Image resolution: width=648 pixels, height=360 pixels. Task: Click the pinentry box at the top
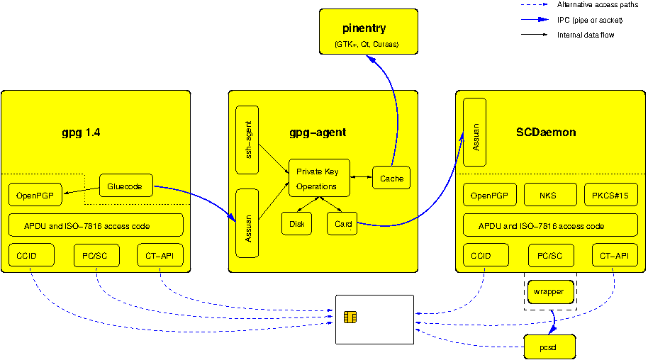[x=368, y=32]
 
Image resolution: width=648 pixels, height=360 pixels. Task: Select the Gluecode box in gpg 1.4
[x=126, y=186]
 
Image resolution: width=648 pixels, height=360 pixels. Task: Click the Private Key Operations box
[x=319, y=179]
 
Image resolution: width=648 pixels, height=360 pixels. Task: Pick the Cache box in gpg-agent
[x=391, y=179]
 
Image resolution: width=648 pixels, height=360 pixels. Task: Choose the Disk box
[x=296, y=224]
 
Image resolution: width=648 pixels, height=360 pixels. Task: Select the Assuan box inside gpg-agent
[x=247, y=223]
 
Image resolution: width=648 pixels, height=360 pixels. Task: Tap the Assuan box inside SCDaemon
[x=474, y=132]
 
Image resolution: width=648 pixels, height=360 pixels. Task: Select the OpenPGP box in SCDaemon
[x=489, y=195]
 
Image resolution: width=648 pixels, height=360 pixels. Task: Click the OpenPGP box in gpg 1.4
[x=35, y=195]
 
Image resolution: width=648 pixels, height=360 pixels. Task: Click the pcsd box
[x=549, y=347]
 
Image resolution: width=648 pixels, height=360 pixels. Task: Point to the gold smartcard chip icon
[x=350, y=317]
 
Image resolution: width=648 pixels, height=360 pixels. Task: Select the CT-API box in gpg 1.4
[x=160, y=255]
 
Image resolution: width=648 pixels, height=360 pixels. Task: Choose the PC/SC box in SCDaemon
[x=550, y=255]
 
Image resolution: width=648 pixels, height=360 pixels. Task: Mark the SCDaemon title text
[x=546, y=133]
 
